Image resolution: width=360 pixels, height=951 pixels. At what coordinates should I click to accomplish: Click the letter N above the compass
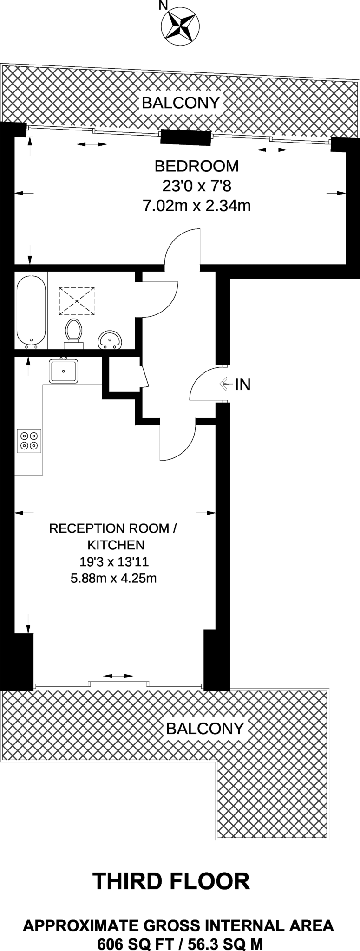pyautogui.click(x=162, y=6)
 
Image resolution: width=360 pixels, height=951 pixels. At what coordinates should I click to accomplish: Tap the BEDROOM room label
pyautogui.click(x=196, y=166)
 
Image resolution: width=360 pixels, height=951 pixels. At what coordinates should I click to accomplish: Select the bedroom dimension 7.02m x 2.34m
pyautogui.click(x=196, y=205)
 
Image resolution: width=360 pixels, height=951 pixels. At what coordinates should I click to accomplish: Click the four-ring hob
pyautogui.click(x=29, y=440)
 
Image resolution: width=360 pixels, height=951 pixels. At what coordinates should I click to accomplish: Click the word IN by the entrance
pyautogui.click(x=243, y=384)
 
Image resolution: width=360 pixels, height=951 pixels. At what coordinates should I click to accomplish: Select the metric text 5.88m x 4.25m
pyautogui.click(x=113, y=579)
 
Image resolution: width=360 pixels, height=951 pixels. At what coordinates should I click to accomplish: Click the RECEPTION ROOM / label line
pyautogui.click(x=113, y=528)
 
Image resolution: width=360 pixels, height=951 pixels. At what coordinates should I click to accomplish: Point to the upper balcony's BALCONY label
pyautogui.click(x=180, y=103)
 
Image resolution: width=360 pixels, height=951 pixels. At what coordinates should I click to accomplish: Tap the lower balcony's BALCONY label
pyautogui.click(x=205, y=728)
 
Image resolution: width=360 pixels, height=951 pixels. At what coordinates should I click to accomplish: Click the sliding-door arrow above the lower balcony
pyautogui.click(x=118, y=676)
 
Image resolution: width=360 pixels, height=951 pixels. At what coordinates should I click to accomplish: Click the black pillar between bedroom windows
pyautogui.click(x=184, y=138)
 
